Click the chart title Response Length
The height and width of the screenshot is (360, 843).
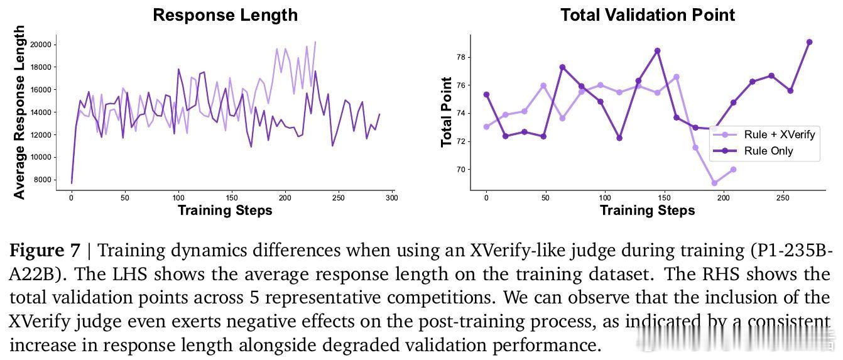[x=225, y=15]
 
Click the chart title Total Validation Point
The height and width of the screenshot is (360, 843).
[x=647, y=15]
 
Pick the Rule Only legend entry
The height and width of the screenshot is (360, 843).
[x=768, y=151]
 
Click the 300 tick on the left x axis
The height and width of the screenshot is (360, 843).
[x=392, y=198]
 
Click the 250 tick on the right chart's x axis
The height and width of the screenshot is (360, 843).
[x=783, y=198]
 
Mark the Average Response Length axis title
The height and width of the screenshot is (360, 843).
[x=19, y=112]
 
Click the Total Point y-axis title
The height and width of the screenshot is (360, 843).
[x=447, y=112]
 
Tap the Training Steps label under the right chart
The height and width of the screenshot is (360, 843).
[x=647, y=210]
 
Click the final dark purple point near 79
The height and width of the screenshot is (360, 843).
[x=809, y=42]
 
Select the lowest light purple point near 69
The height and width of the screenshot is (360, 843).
[x=714, y=183]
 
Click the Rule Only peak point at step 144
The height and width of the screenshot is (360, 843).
[x=657, y=51]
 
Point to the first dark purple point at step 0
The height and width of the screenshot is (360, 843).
[x=486, y=95]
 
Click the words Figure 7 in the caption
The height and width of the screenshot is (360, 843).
[x=45, y=251]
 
